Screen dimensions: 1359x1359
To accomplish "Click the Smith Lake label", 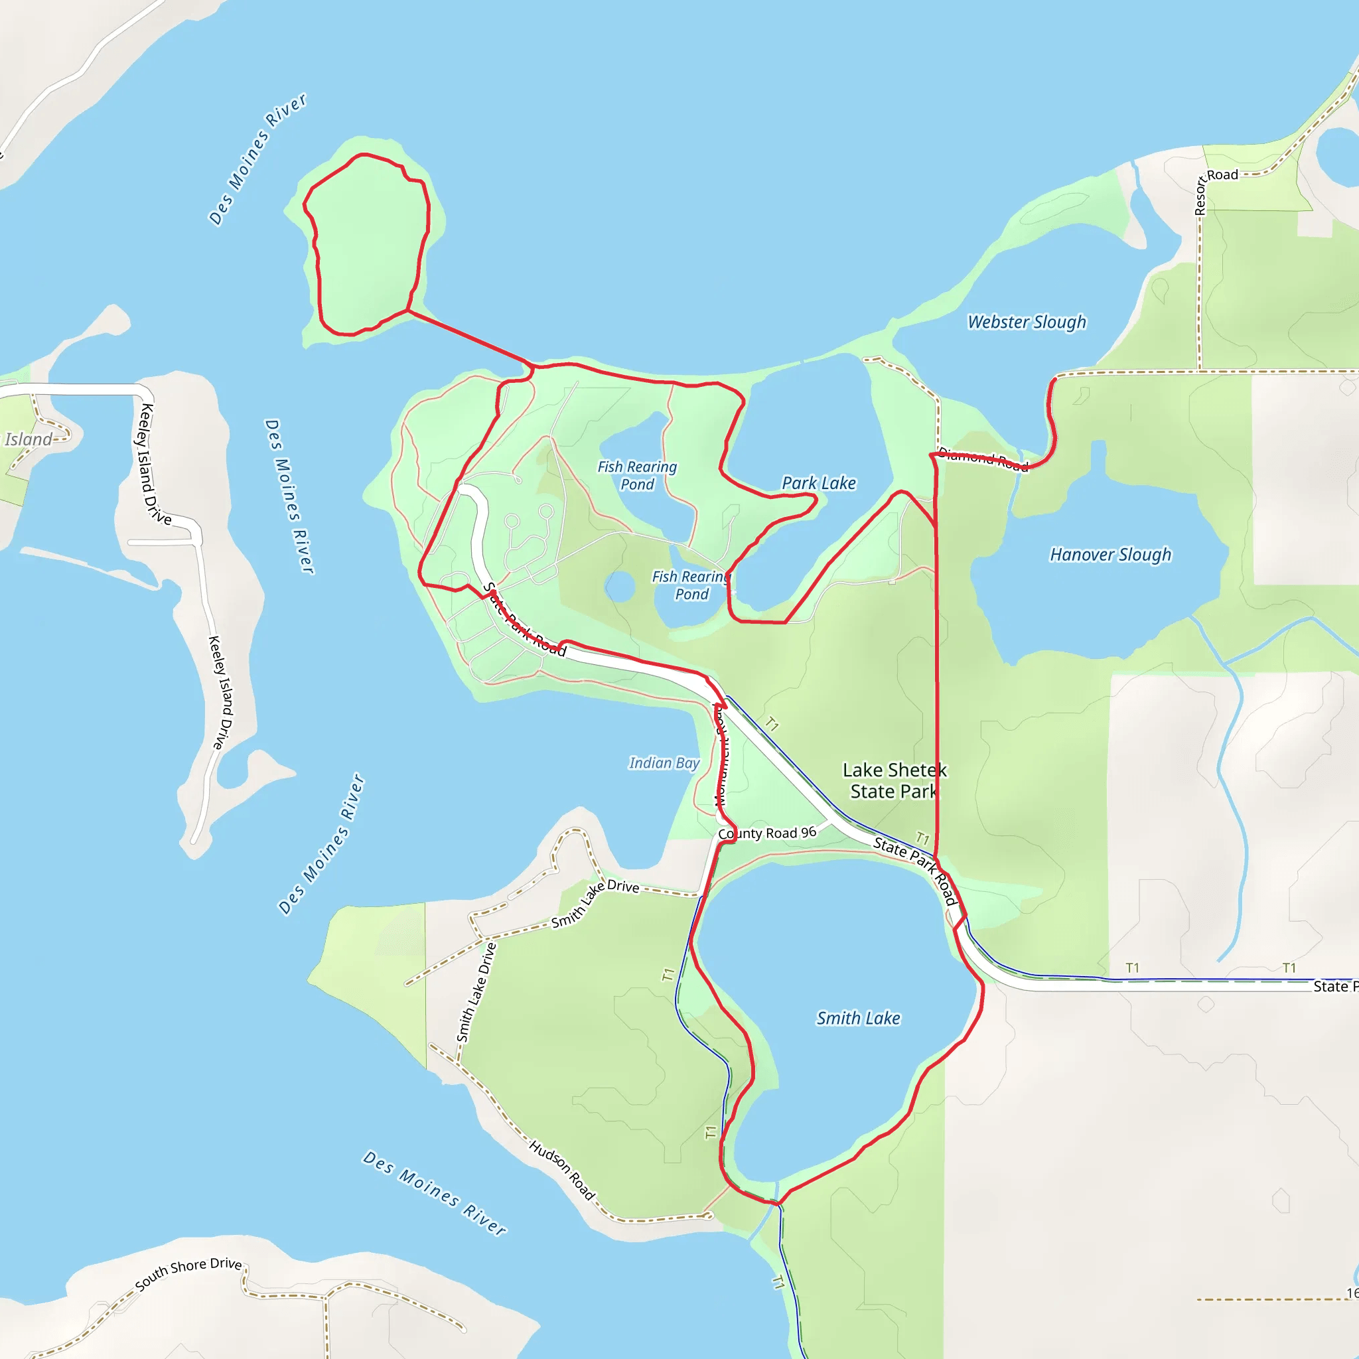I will click(x=857, y=1018).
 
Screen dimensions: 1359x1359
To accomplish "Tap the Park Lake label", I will click(x=819, y=483).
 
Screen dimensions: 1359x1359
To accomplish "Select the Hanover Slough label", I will click(x=1110, y=554).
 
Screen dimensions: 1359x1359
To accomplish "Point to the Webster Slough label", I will click(x=1027, y=321).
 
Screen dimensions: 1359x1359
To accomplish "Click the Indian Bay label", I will click(x=664, y=762).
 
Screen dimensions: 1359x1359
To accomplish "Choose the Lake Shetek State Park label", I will click(x=894, y=780).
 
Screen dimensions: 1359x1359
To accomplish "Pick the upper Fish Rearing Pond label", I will click(x=636, y=475).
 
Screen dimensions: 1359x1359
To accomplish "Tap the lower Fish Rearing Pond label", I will click(x=691, y=585).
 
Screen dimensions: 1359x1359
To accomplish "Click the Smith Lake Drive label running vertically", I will click(x=476, y=992).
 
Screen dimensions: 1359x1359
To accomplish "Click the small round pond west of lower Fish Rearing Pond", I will click(x=620, y=587).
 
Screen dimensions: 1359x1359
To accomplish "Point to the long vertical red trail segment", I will click(x=936, y=668).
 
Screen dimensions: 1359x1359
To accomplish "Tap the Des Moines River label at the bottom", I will click(x=434, y=1193).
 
